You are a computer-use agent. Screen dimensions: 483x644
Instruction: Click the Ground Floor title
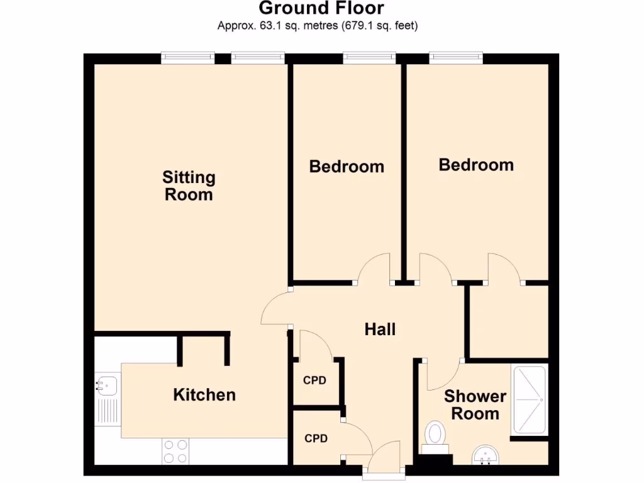pyautogui.click(x=321, y=9)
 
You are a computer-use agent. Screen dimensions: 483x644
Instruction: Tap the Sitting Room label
pyautogui.click(x=189, y=186)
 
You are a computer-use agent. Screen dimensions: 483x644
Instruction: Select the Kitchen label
pyautogui.click(x=204, y=395)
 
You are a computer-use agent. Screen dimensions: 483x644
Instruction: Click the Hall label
pyautogui.click(x=380, y=329)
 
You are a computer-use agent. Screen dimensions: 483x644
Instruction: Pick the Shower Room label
pyautogui.click(x=475, y=405)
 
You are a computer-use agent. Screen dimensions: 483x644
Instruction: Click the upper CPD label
pyautogui.click(x=314, y=380)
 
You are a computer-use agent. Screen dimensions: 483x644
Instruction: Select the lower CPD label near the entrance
pyautogui.click(x=316, y=438)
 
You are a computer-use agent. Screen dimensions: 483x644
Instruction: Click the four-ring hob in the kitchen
pyautogui.click(x=175, y=452)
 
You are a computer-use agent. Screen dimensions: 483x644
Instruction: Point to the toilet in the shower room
pyautogui.click(x=435, y=436)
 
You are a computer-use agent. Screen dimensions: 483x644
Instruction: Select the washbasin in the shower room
pyautogui.click(x=485, y=454)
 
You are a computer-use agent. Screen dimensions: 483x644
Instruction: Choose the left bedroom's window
pyautogui.click(x=369, y=58)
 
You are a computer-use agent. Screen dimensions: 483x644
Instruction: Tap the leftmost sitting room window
pyautogui.click(x=187, y=58)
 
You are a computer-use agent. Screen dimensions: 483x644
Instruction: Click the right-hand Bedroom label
pyautogui.click(x=476, y=165)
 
